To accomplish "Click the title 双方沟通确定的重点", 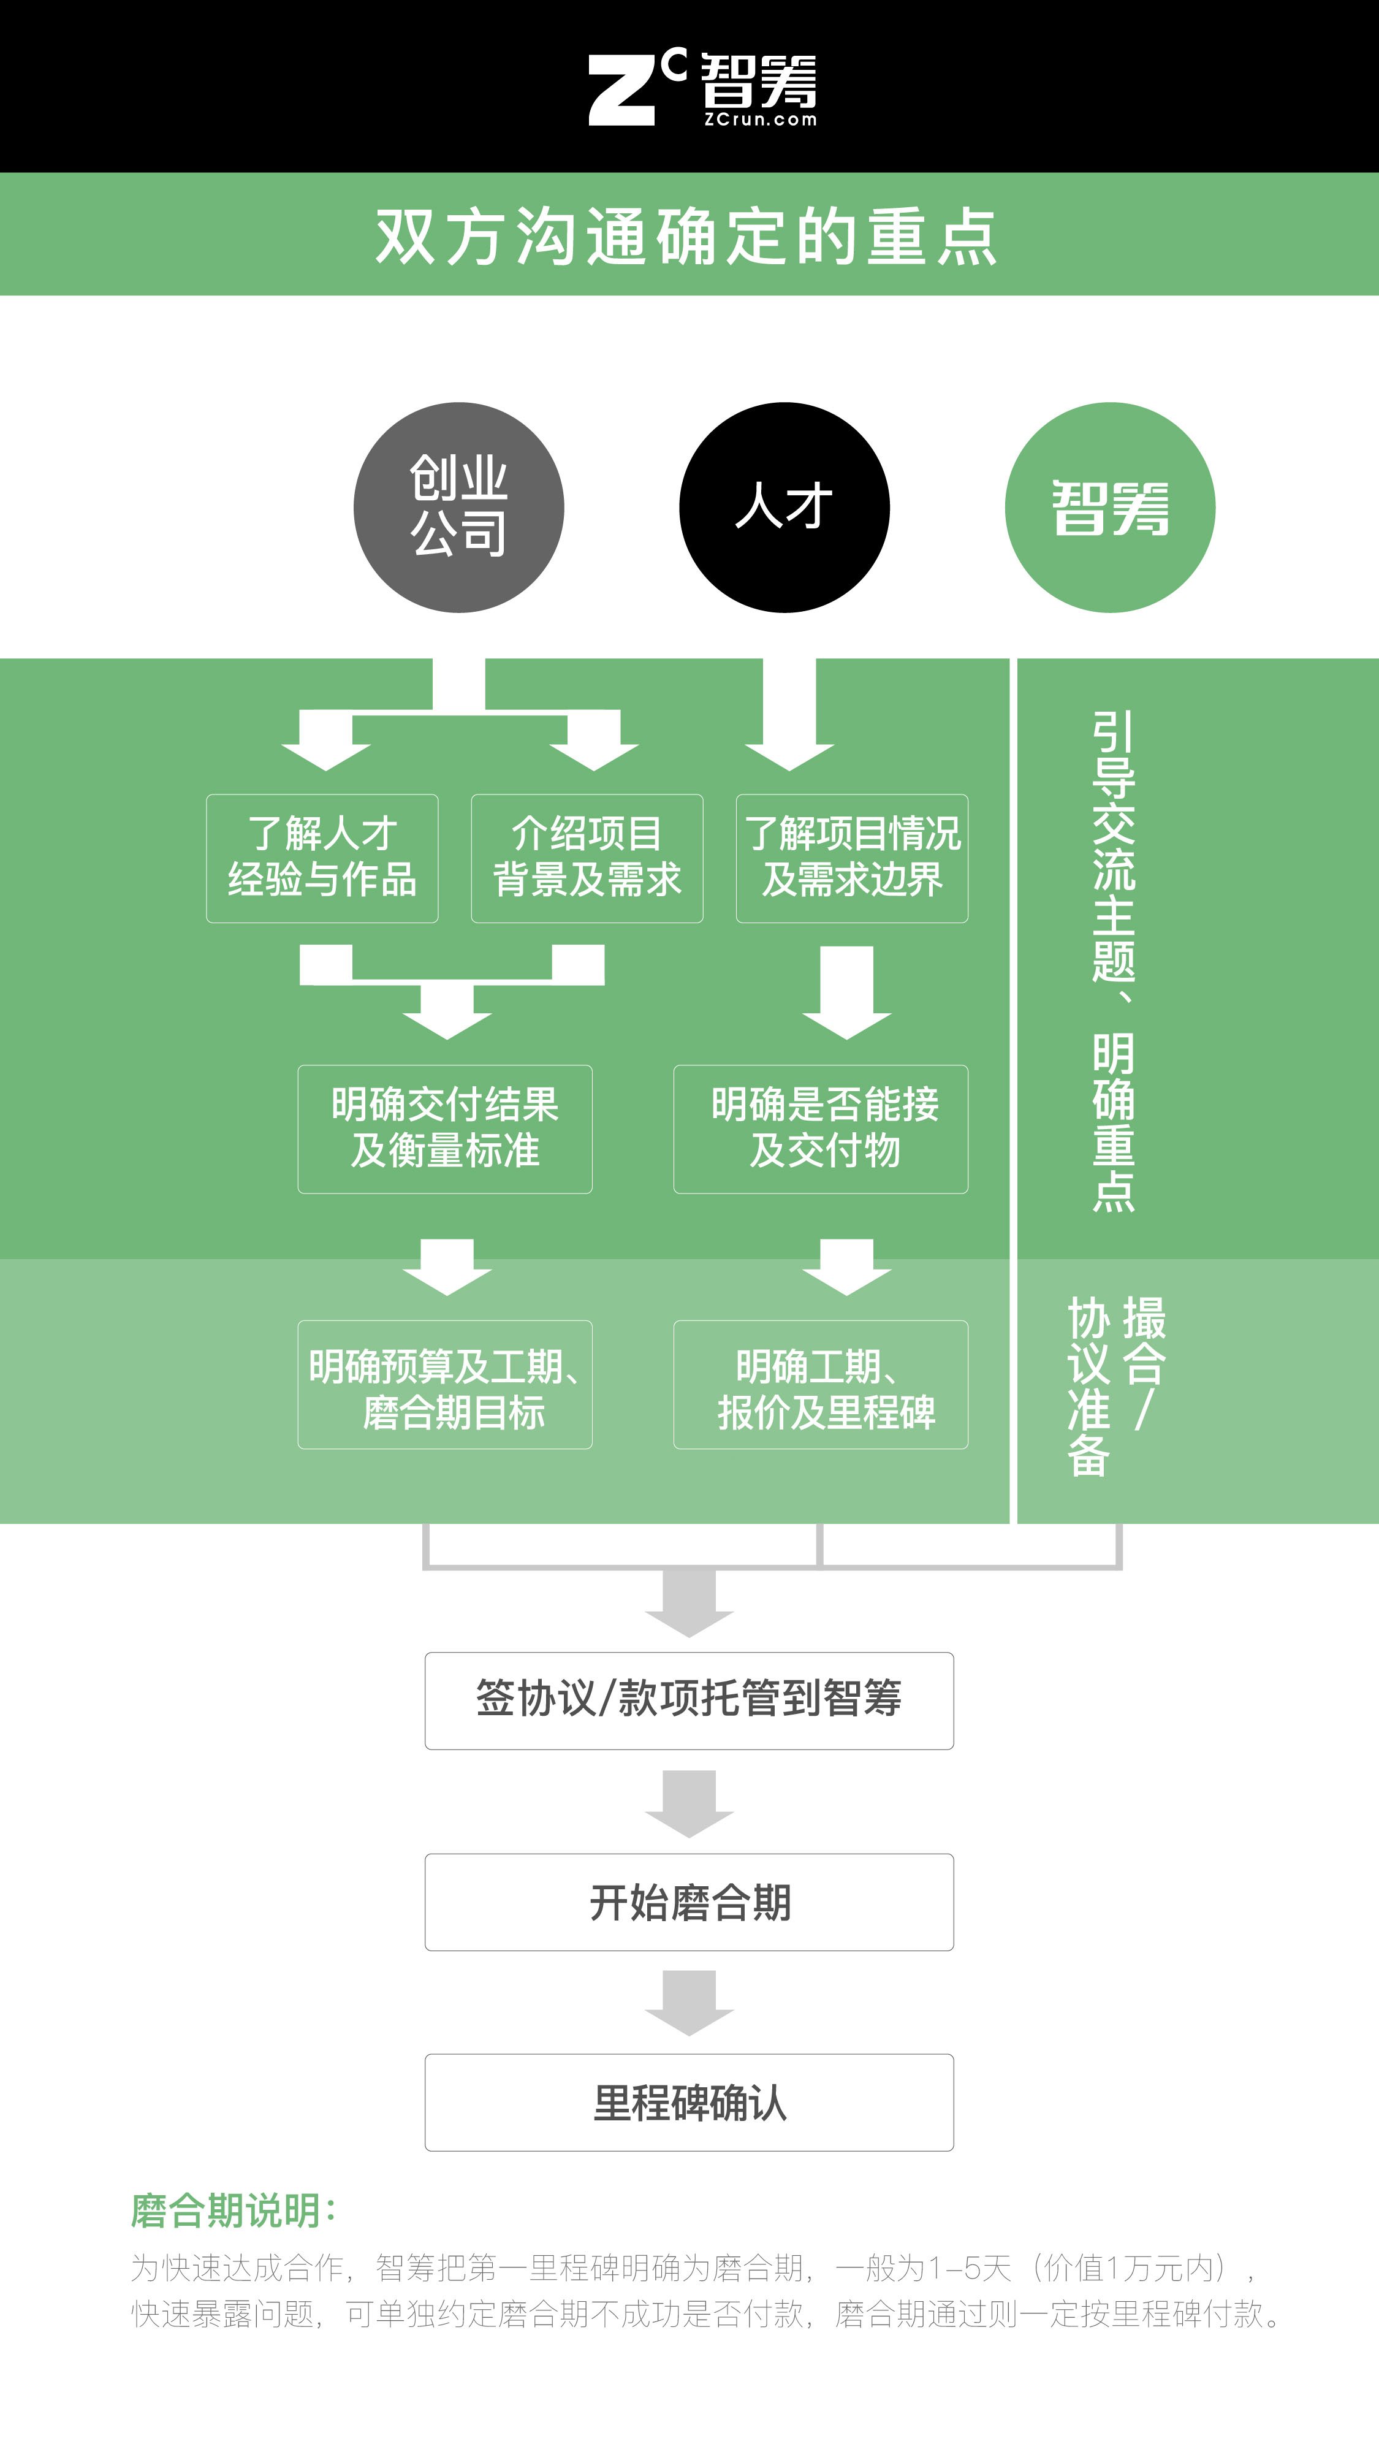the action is tap(686, 235).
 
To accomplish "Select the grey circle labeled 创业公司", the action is tap(458, 508).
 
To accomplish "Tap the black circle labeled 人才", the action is tap(784, 508).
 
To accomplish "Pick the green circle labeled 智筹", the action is tap(1110, 508).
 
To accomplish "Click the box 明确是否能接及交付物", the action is tap(821, 1129).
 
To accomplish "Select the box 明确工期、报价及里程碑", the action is tap(821, 1385).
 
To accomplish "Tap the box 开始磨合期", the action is tap(689, 1902).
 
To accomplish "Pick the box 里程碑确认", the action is tap(689, 2103).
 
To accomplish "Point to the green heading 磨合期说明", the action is tap(233, 2210).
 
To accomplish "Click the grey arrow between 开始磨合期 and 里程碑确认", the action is tap(689, 2003).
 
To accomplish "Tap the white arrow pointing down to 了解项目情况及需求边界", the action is tap(789, 714).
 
